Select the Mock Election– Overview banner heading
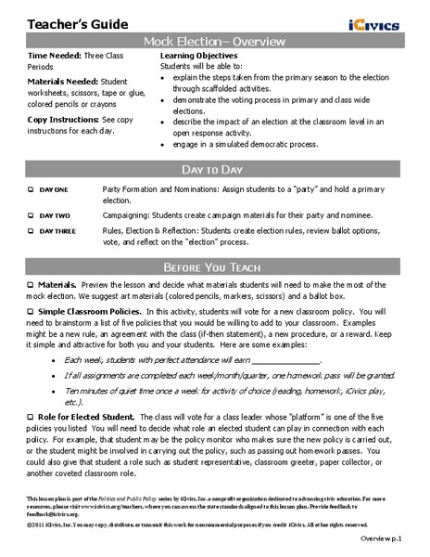tap(214, 43)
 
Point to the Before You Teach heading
tap(214, 258)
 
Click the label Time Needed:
tap(55, 57)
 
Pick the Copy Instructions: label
tap(67, 120)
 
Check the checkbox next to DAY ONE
tap(31, 188)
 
